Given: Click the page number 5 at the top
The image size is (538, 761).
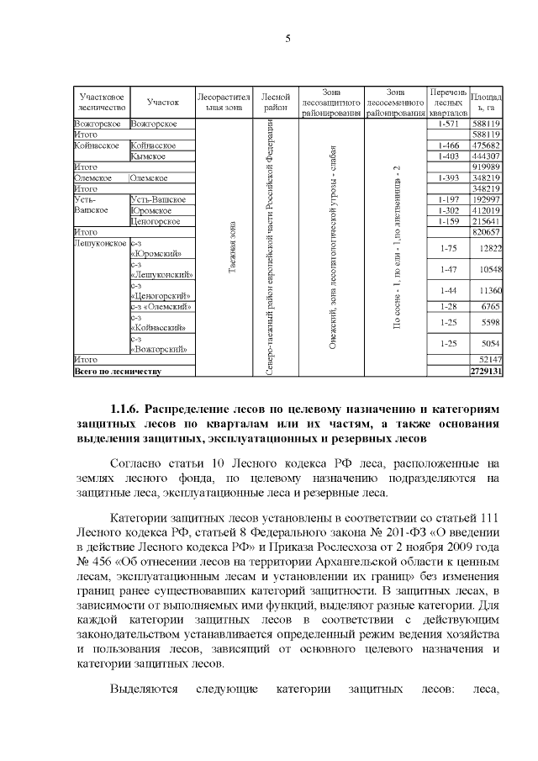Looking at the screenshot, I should (287, 38).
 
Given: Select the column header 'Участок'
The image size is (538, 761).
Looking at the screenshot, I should (162, 102).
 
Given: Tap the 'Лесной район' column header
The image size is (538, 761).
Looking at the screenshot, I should (276, 102).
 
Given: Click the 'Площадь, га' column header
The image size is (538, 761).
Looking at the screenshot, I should (487, 102).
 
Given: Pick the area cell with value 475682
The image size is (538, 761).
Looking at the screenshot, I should (487, 145).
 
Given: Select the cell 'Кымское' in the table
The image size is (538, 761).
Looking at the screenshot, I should (149, 156).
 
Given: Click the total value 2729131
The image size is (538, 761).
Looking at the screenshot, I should (486, 370).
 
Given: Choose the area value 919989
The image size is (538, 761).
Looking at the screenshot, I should (487, 166).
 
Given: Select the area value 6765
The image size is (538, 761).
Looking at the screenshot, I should (491, 307).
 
